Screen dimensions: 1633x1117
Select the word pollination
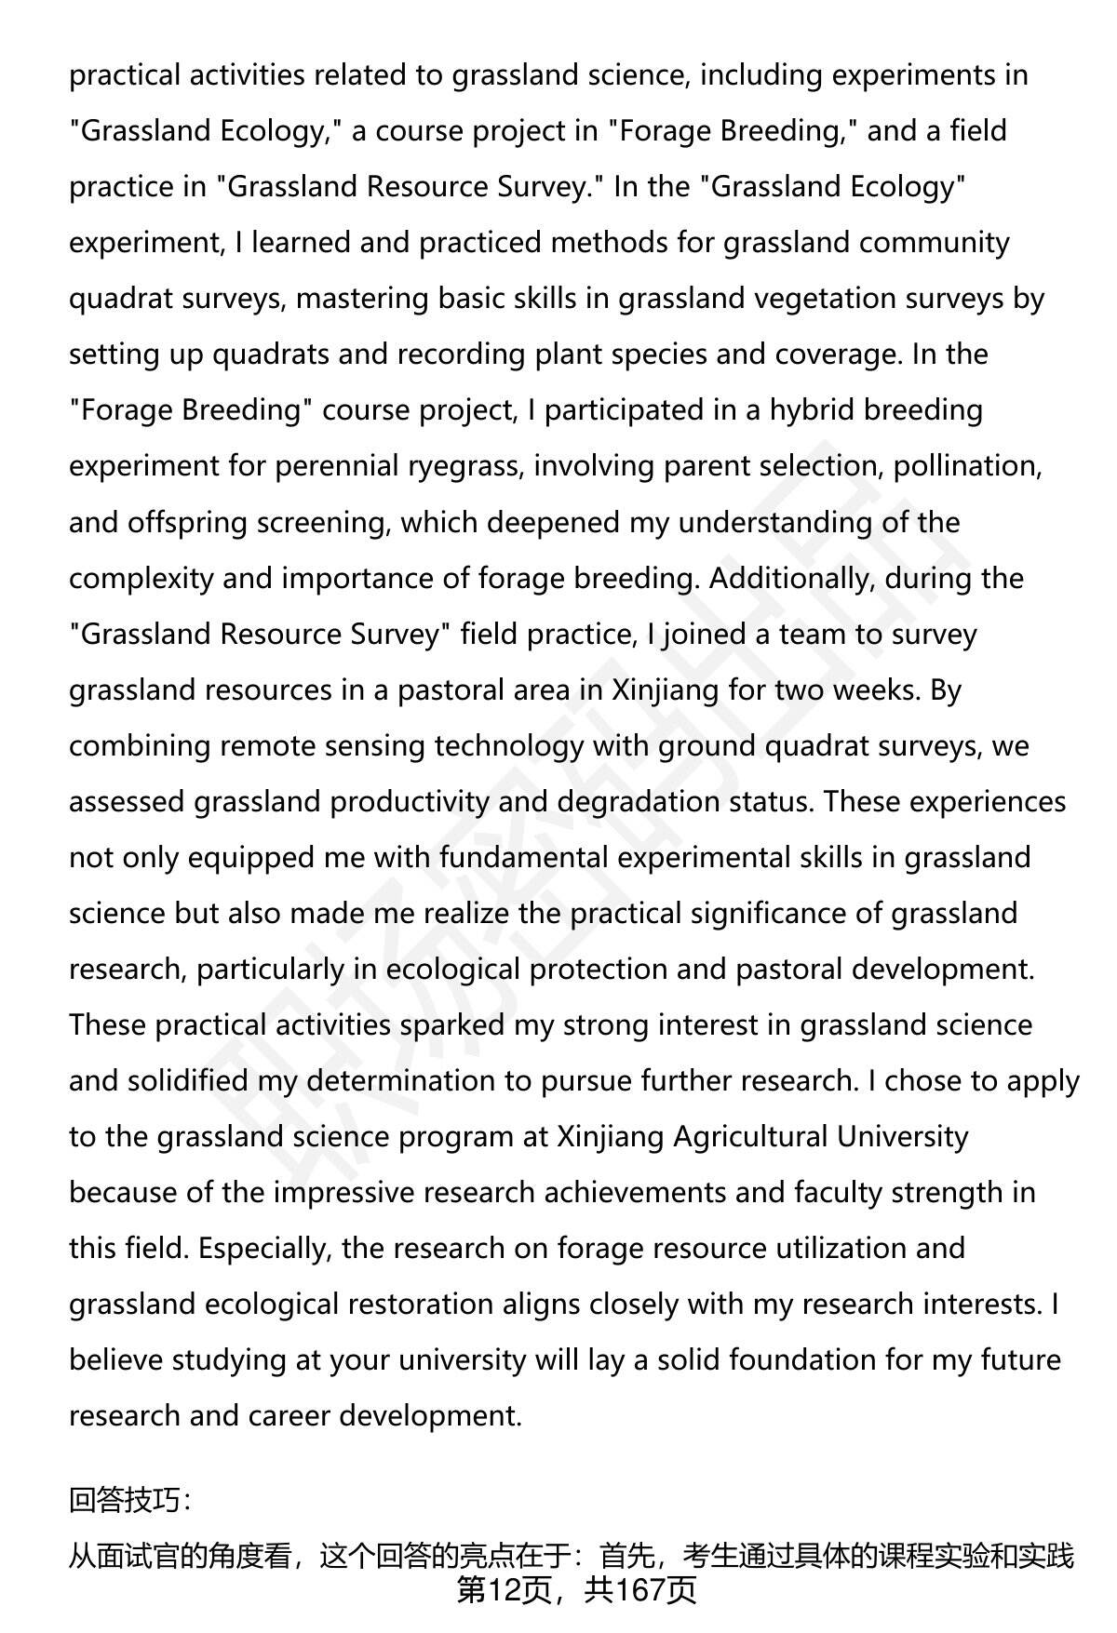966,466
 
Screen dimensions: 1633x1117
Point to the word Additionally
791,578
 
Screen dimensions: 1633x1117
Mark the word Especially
264,1248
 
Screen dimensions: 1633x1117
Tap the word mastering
364,299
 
